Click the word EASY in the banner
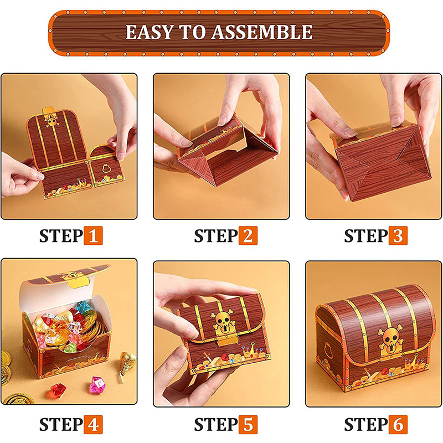149,32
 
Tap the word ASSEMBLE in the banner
262,32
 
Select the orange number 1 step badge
93,235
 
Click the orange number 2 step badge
248,235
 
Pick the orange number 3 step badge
398,235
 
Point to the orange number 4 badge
93,424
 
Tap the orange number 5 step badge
248,424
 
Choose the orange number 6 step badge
398,424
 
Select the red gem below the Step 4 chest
58,390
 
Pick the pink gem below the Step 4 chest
97,385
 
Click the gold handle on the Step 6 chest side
328,349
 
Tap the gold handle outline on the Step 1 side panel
106,168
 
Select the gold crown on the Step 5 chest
251,351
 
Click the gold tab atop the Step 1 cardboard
49,110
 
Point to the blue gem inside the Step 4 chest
83,307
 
